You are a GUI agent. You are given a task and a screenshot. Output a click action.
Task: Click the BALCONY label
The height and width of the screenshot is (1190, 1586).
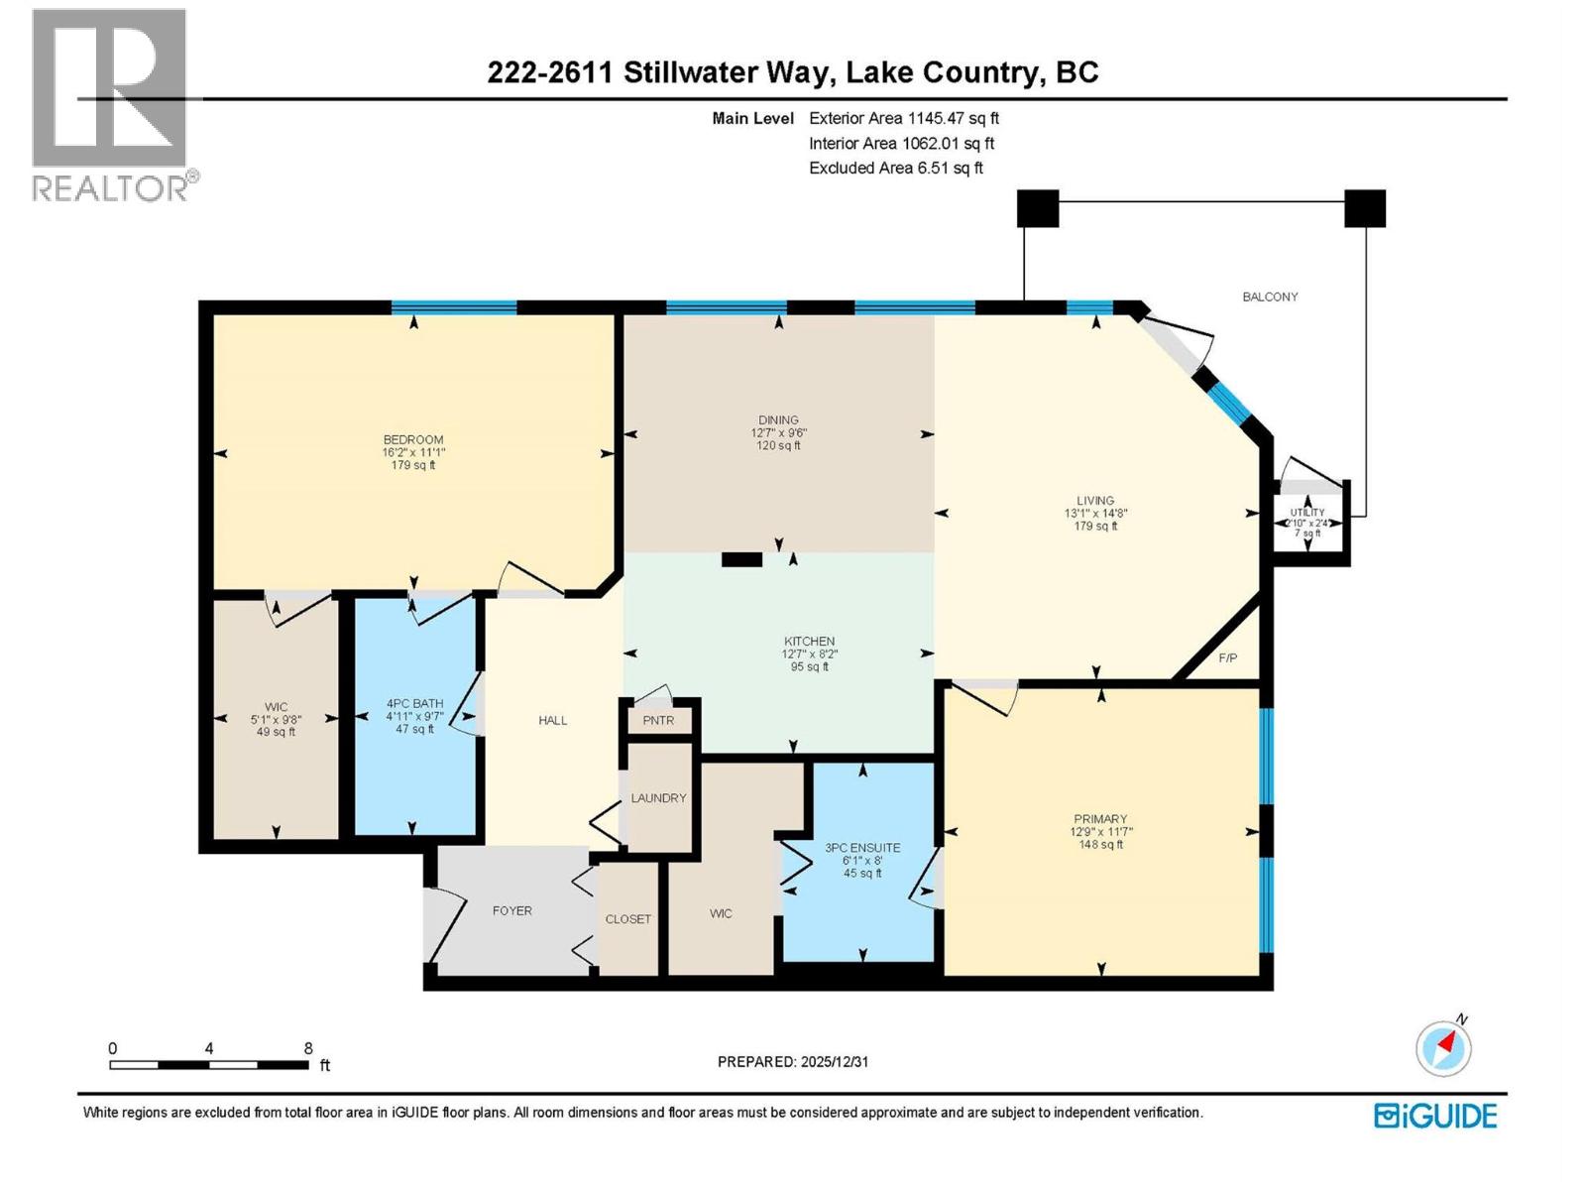(x=1270, y=297)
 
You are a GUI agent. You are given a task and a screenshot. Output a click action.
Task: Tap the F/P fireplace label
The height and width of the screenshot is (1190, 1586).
(x=1227, y=657)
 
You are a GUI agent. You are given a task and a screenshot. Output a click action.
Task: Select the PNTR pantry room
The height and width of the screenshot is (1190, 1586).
(x=658, y=720)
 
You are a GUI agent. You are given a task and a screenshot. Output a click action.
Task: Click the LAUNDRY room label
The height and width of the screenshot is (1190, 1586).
(x=658, y=797)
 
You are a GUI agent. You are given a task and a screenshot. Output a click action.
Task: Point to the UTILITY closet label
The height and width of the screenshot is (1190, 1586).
(x=1306, y=513)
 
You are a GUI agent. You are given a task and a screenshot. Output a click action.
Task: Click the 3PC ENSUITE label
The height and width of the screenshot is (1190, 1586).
(x=862, y=848)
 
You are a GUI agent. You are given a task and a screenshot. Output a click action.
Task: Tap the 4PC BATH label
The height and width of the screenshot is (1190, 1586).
(x=414, y=704)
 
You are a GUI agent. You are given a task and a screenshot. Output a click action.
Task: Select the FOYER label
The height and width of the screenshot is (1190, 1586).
(x=511, y=910)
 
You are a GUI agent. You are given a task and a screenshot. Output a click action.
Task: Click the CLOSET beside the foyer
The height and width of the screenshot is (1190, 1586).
(x=627, y=919)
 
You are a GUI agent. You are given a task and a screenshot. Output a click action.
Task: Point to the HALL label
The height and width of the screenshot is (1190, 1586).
(x=552, y=720)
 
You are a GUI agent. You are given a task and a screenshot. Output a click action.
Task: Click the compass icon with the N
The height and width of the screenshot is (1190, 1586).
(x=1443, y=1047)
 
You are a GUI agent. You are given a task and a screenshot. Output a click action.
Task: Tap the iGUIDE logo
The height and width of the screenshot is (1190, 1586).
(x=1435, y=1116)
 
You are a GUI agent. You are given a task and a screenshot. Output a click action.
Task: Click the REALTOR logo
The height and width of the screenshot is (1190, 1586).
(x=110, y=104)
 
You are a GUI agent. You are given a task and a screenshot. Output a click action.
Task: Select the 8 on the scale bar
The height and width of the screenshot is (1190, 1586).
(x=308, y=1048)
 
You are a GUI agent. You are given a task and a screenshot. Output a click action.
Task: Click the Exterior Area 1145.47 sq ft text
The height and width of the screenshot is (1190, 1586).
(x=903, y=118)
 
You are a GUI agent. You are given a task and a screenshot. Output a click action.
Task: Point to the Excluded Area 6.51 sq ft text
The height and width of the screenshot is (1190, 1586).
(x=895, y=169)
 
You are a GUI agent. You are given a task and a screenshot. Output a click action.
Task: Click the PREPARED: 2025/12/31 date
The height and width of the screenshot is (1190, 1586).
(x=793, y=1061)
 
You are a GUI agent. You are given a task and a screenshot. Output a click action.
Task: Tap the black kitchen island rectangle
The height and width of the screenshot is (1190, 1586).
(x=741, y=559)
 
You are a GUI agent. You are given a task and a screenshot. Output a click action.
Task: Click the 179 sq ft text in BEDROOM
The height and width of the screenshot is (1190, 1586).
(x=413, y=464)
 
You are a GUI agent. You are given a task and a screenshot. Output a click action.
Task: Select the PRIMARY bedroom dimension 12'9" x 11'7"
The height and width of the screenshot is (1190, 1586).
(x=1099, y=832)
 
